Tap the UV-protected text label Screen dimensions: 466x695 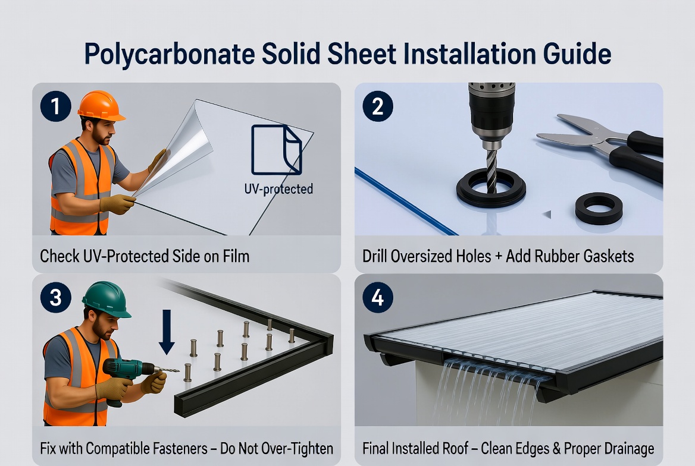[x=278, y=190]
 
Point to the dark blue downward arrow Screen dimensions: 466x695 [x=167, y=330]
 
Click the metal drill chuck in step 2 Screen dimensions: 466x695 [x=491, y=119]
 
